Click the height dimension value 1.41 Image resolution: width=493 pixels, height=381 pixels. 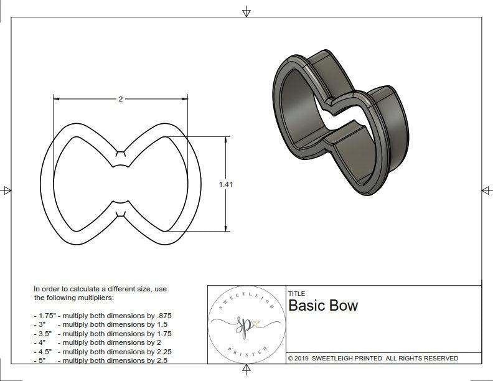(x=226, y=184)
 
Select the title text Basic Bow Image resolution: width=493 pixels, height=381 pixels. (x=323, y=306)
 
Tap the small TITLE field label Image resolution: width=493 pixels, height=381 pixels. (x=296, y=293)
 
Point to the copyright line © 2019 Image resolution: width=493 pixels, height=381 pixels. (x=373, y=358)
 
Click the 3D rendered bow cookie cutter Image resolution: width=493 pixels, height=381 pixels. (x=339, y=122)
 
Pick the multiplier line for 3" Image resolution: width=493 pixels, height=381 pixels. (x=103, y=324)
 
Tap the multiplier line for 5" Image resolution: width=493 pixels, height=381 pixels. (x=103, y=360)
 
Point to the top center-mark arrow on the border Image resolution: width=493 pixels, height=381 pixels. (x=247, y=11)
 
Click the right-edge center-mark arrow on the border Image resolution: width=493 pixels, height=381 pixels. (x=486, y=190)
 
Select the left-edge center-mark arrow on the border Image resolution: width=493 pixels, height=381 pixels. (x=7, y=190)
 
